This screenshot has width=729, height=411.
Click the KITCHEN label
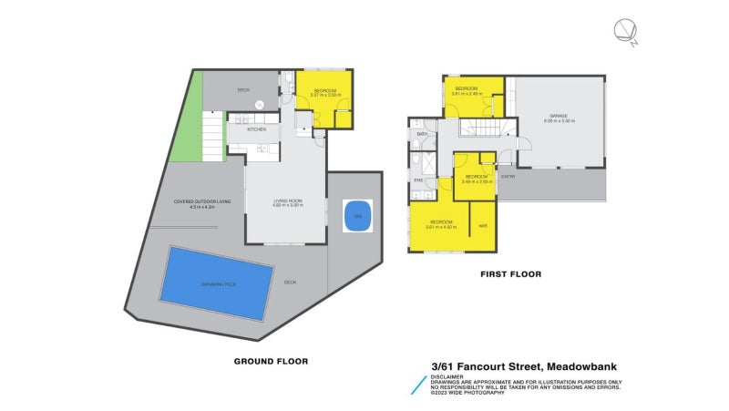tap(256, 129)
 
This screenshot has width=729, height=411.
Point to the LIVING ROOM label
tap(287, 201)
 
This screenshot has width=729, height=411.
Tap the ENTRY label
tap(508, 176)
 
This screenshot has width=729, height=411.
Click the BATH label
tap(422, 134)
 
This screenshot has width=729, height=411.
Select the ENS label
tap(418, 180)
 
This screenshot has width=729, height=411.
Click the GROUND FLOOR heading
tap(271, 361)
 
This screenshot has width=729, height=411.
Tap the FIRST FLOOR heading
tap(510, 273)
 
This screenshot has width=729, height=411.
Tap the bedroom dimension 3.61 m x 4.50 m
tap(441, 226)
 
